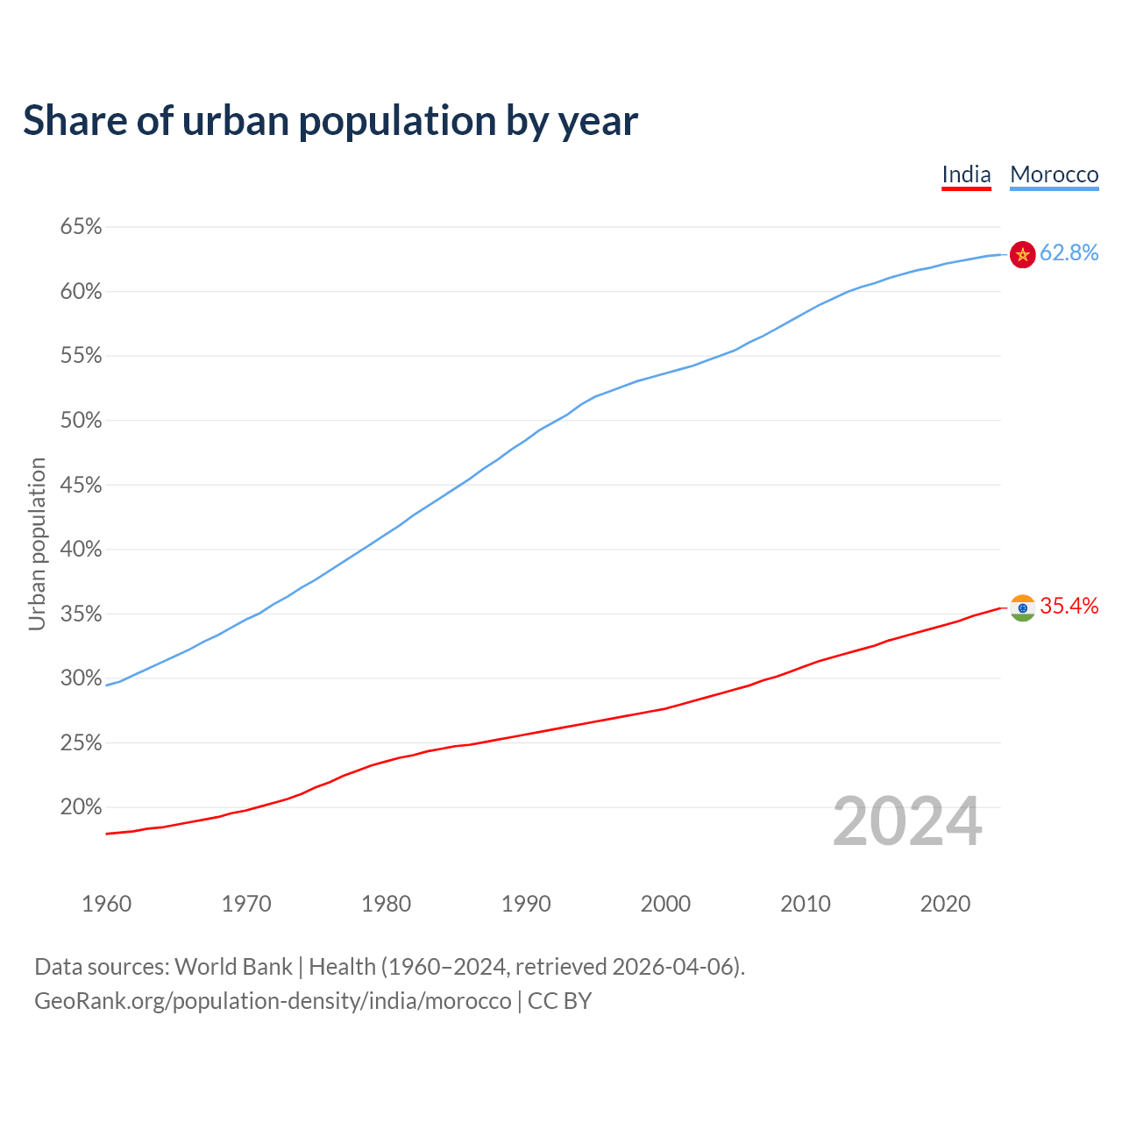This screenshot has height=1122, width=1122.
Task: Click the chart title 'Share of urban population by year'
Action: [x=330, y=121]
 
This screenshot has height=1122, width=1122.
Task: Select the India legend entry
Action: [x=966, y=174]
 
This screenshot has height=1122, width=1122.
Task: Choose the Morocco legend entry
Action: [x=1054, y=174]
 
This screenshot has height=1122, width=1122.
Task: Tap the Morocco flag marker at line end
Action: [x=1023, y=254]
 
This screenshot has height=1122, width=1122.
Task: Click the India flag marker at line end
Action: [x=1023, y=607]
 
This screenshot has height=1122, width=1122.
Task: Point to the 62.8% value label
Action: [x=1069, y=253]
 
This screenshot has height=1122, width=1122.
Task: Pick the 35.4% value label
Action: [x=1069, y=607]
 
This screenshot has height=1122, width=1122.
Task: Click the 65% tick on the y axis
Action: [x=81, y=227]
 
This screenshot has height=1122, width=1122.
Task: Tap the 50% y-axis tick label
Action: [x=81, y=421]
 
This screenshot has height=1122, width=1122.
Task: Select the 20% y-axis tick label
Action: [x=81, y=807]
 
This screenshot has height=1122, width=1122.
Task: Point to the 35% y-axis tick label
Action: [x=81, y=614]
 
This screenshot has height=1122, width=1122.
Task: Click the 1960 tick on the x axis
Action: [x=106, y=904]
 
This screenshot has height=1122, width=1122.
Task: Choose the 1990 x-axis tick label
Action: [x=526, y=904]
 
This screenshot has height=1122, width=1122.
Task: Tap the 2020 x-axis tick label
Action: [x=945, y=904]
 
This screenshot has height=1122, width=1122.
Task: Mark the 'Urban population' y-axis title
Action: [x=37, y=543]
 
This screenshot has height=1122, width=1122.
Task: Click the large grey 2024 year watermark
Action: [x=907, y=822]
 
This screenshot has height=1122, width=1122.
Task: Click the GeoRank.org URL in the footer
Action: [x=273, y=1001]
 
